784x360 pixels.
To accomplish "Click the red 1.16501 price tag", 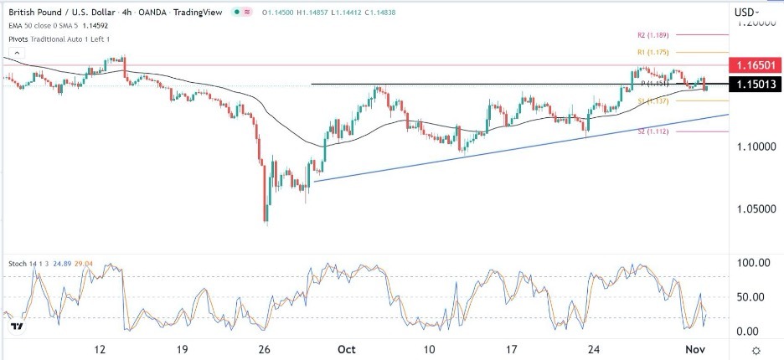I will [x=756, y=64].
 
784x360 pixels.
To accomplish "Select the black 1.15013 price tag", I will [x=756, y=84].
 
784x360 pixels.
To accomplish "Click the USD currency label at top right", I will [x=745, y=12].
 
